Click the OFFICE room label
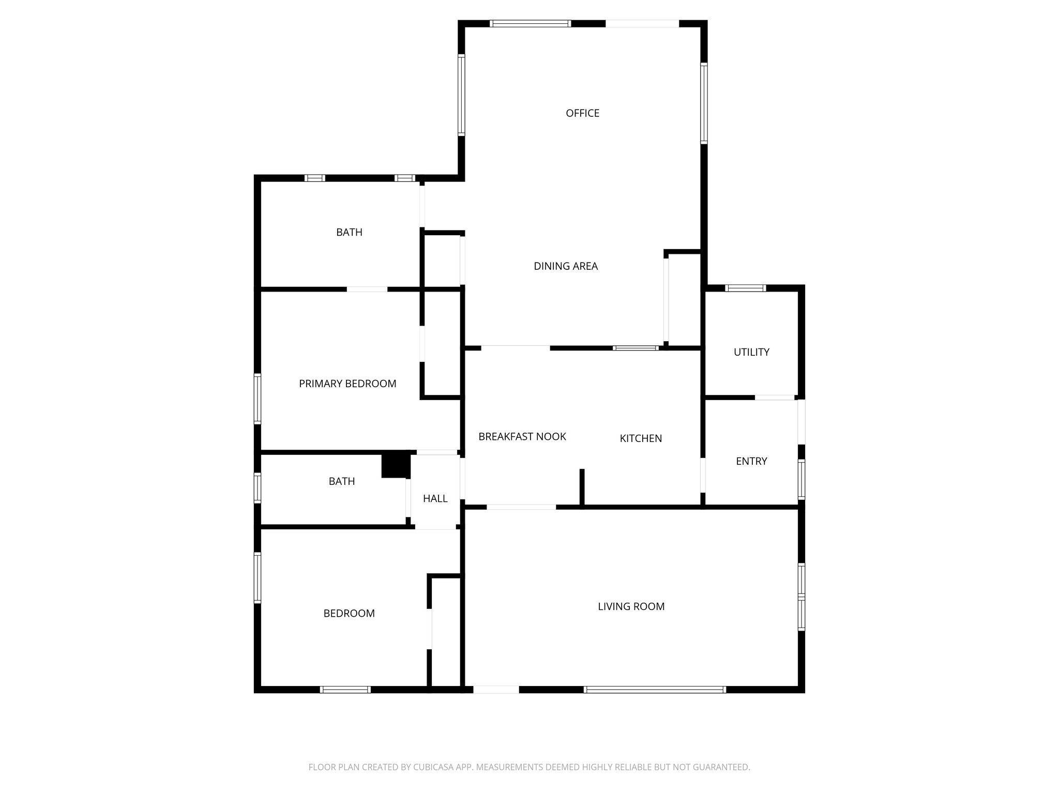tap(582, 113)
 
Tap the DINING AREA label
tap(566, 266)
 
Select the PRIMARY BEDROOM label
tap(347, 384)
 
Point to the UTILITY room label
tap(751, 352)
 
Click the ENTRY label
tap(751, 461)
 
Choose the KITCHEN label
tap(641, 438)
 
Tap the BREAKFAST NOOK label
tap(522, 437)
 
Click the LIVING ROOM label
tap(631, 606)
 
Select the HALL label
tap(435, 499)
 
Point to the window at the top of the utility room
tap(745, 288)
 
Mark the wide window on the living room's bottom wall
tap(655, 689)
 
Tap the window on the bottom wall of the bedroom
tap(345, 689)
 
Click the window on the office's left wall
tap(461, 95)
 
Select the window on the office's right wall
tap(704, 103)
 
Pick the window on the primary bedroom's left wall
tap(257, 399)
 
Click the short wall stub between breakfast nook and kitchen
tap(582, 487)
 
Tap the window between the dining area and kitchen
tap(636, 348)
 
